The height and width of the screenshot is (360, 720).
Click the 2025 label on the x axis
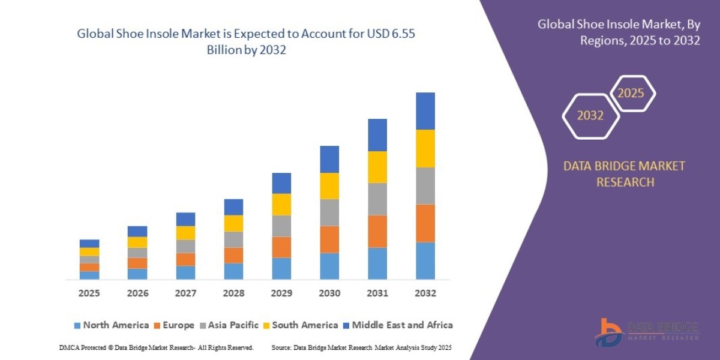89,293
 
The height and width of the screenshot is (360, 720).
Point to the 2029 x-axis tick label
281,293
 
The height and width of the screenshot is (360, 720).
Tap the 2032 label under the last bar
425,293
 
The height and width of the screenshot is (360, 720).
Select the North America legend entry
111,325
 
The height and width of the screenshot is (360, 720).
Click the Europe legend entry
175,325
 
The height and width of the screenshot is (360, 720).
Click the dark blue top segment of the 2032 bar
425,111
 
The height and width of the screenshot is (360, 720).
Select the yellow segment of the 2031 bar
377,167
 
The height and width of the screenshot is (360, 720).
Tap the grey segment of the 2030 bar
329,212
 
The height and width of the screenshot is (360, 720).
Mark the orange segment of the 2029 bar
281,247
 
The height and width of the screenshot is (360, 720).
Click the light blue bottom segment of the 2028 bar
233,271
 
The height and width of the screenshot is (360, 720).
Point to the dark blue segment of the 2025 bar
89,244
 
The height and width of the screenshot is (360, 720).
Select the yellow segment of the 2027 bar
185,233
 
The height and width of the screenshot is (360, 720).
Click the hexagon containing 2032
590,116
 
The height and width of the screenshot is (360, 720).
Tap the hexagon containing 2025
631,94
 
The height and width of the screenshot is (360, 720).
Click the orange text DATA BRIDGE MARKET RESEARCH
624,174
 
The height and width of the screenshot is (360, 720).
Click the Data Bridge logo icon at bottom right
608,332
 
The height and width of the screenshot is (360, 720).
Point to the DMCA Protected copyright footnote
156,347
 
